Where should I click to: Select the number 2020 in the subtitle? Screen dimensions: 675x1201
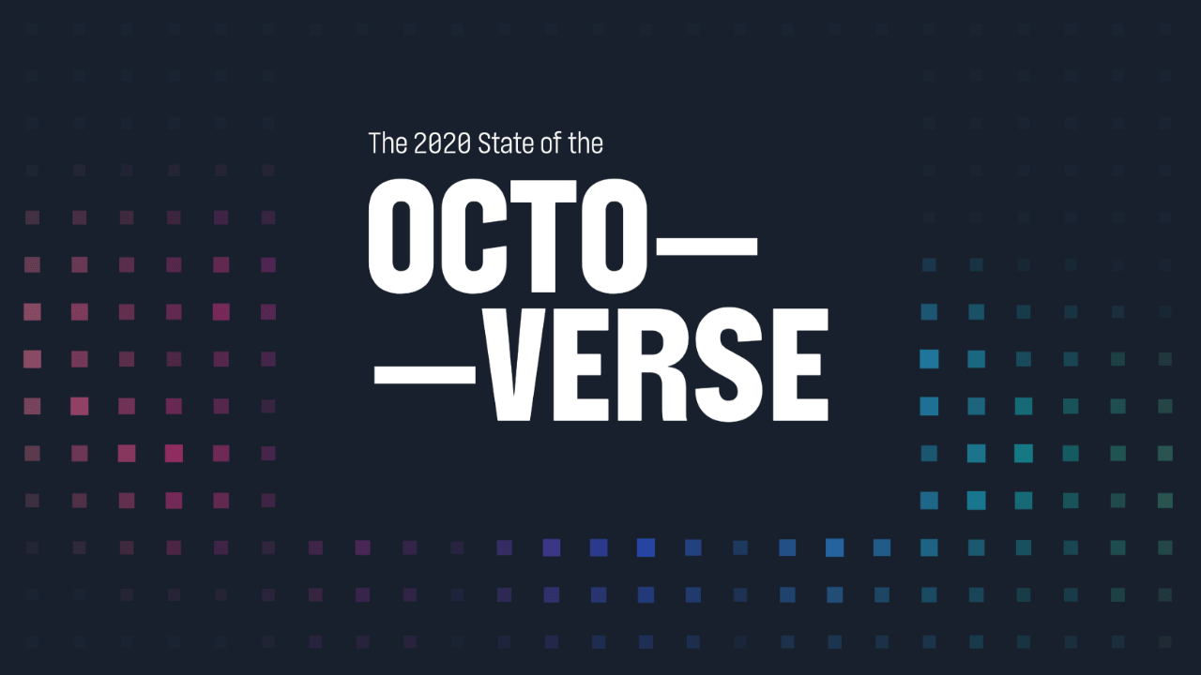[441, 143]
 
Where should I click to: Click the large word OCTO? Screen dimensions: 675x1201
[508, 237]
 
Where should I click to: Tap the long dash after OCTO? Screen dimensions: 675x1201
[706, 247]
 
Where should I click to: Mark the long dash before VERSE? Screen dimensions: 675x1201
[425, 374]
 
